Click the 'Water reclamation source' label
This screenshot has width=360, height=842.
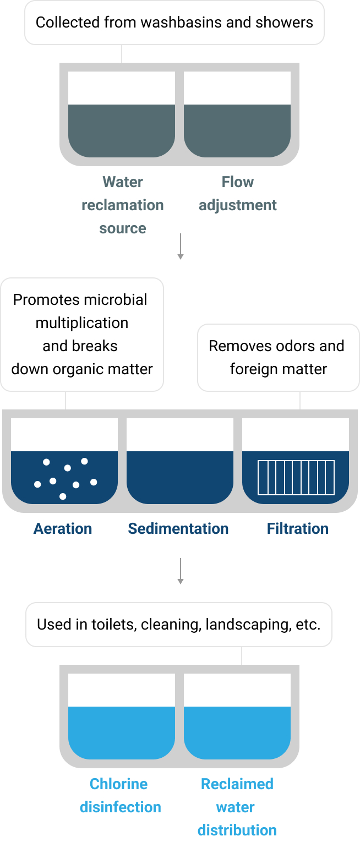click(x=123, y=205)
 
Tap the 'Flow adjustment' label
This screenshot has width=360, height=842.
click(x=238, y=194)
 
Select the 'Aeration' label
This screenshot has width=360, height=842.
click(x=63, y=528)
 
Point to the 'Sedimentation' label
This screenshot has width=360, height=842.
click(x=178, y=528)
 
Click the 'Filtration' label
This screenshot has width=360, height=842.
click(x=298, y=528)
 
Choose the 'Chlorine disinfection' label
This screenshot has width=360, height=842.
click(x=121, y=795)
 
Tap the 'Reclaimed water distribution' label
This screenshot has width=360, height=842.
click(x=237, y=807)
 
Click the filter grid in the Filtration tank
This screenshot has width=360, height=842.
click(x=296, y=477)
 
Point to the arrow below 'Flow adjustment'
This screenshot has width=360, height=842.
click(x=181, y=246)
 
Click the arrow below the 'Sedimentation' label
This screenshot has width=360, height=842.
click(x=181, y=571)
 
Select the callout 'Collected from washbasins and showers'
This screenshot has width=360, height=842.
click(x=174, y=23)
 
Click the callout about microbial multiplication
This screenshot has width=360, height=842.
click(x=82, y=335)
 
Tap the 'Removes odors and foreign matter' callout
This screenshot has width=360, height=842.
click(x=279, y=358)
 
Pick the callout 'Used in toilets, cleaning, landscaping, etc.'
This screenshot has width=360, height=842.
click(x=179, y=625)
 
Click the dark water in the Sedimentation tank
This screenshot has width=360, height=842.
click(x=180, y=477)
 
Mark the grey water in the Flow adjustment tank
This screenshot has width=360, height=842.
click(x=237, y=131)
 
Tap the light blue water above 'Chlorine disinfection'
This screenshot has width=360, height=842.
click(x=122, y=733)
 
